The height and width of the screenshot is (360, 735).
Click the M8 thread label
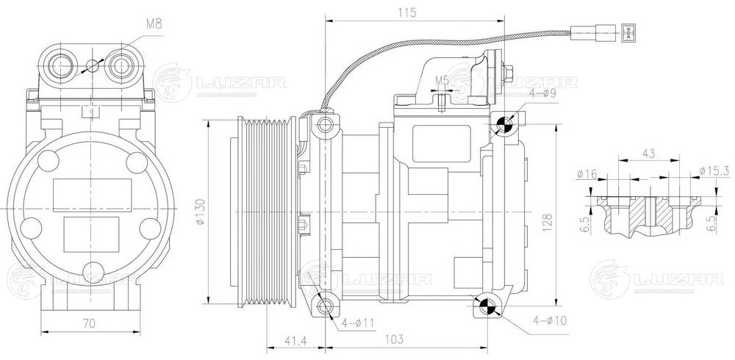pyautogui.click(x=154, y=24)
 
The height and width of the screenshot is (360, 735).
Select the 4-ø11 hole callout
pyautogui.click(x=357, y=323)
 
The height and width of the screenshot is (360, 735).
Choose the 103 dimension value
pyautogui.click(x=395, y=340)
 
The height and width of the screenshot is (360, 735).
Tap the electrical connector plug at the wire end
pyautogui.click(x=627, y=32)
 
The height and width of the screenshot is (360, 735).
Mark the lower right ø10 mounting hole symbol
pyautogui.click(x=486, y=306)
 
